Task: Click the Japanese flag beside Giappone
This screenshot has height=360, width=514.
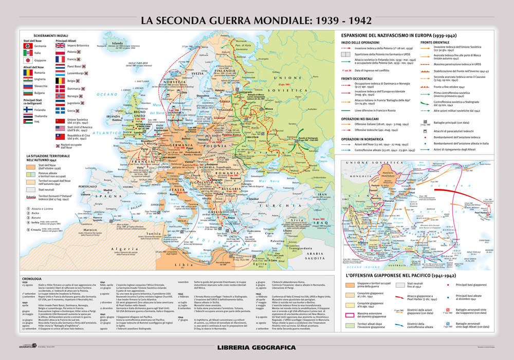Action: click(x=29, y=61)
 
